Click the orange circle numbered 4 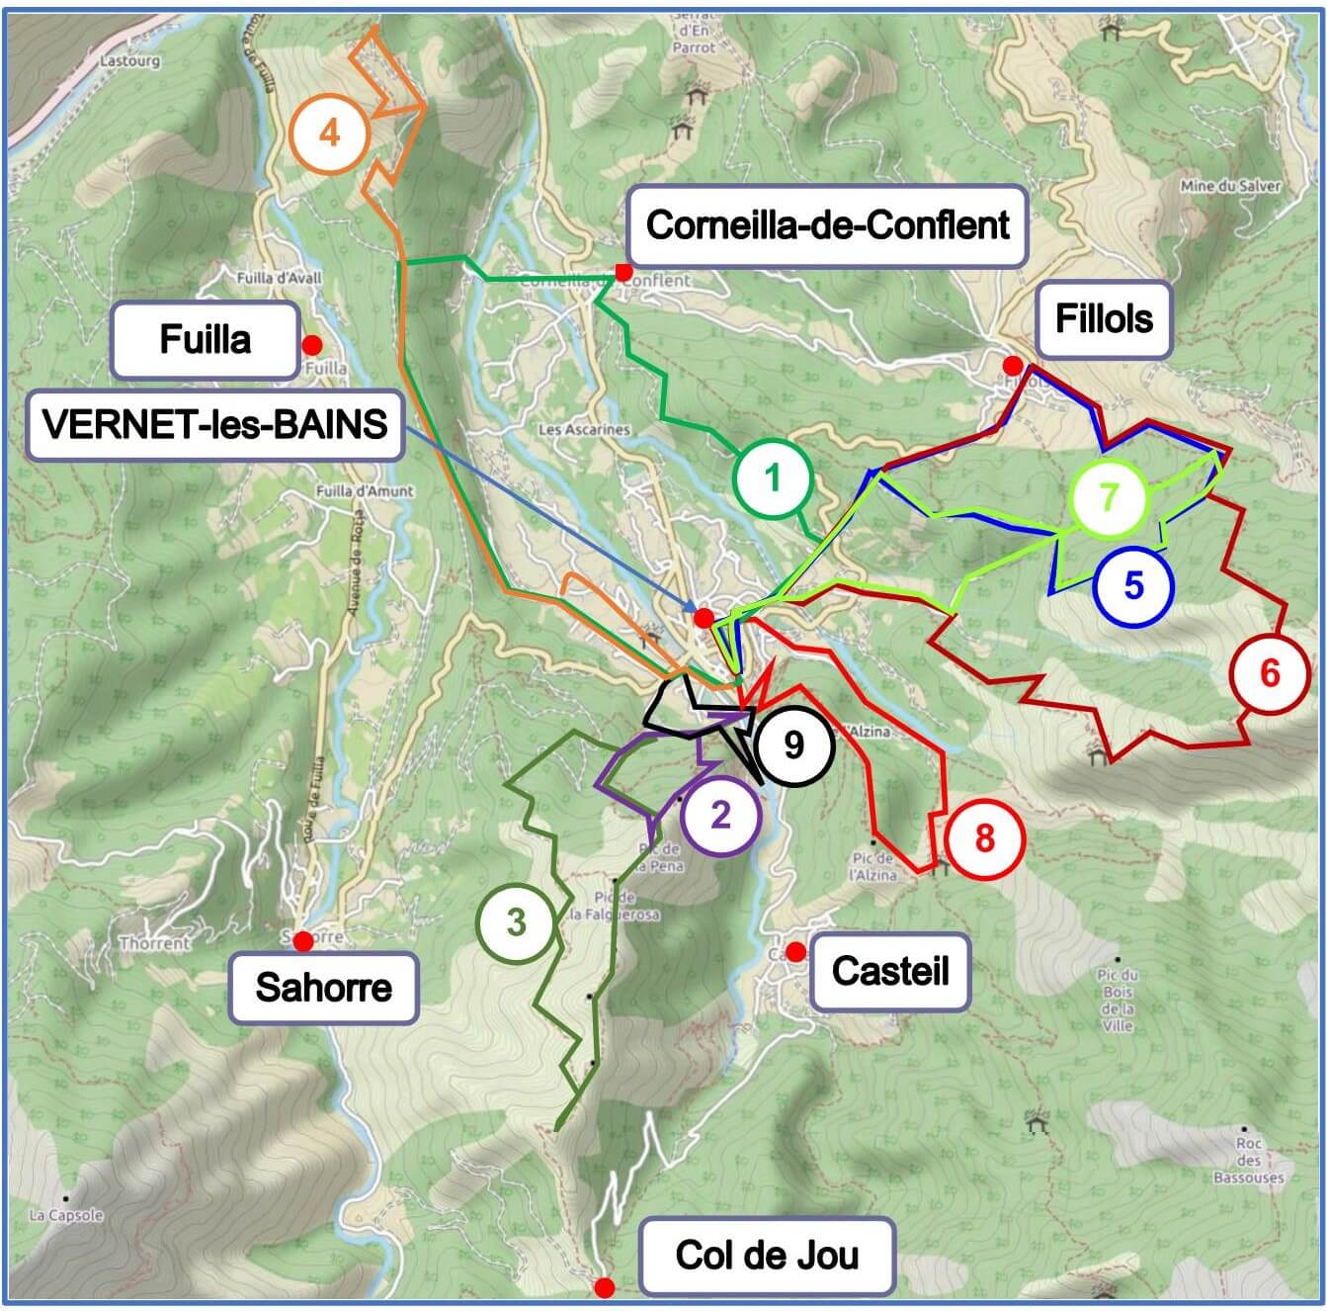pos(329,132)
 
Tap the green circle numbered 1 pos(773,479)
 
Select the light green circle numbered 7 pos(1109,496)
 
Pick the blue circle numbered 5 pos(1133,585)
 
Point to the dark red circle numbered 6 pos(1270,674)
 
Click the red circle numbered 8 pos(984,838)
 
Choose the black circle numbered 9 pos(793,745)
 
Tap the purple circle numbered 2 pos(720,815)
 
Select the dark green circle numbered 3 pos(516,922)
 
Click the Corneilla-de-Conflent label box pos(827,226)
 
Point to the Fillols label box pos(1104,319)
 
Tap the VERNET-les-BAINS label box pos(214,425)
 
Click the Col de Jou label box pos(767,1256)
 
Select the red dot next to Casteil pos(794,952)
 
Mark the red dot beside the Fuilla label pos(312,345)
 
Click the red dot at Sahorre pos(302,940)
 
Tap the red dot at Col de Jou pos(605,1287)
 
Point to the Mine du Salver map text pos(1230,186)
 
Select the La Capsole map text pos(66,1215)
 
